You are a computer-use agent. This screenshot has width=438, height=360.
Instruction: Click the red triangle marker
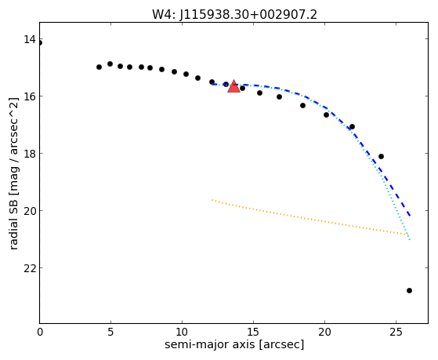(x=233, y=86)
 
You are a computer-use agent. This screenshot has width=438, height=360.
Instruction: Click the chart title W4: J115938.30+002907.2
(x=234, y=15)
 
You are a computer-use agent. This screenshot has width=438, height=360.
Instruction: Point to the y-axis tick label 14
(x=30, y=39)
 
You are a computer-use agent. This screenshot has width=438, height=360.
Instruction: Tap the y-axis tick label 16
(x=30, y=96)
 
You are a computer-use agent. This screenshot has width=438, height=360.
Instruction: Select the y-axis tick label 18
(x=30, y=154)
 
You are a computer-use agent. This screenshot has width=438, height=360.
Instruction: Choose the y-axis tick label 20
(x=30, y=211)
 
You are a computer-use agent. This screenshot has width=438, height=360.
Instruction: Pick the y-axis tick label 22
(x=30, y=268)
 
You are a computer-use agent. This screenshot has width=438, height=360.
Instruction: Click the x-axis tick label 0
(x=40, y=332)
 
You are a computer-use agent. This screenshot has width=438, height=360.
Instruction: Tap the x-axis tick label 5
(x=111, y=332)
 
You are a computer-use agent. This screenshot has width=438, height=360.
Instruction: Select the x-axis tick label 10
(x=182, y=332)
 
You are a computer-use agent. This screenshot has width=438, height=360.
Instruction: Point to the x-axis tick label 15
(x=253, y=332)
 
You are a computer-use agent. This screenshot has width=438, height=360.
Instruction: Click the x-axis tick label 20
(x=324, y=332)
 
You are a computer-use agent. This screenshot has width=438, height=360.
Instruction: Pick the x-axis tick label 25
(x=396, y=332)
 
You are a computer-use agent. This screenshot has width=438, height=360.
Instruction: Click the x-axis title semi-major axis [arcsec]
(x=234, y=344)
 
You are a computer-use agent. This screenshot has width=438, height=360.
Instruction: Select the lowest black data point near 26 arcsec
(x=409, y=291)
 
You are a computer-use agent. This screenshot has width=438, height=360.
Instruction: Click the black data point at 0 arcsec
(x=40, y=43)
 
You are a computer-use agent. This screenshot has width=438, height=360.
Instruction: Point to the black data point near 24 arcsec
(x=381, y=156)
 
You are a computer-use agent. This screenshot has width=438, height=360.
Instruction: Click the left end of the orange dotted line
(x=212, y=200)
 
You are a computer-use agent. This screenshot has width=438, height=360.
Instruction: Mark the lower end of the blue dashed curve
(x=410, y=216)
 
